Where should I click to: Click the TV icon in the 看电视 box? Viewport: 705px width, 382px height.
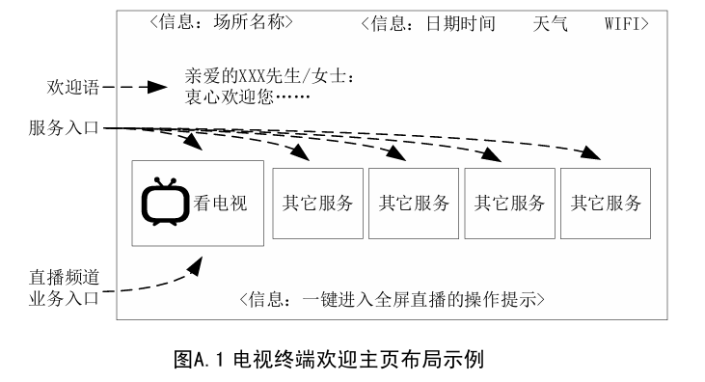click(166, 203)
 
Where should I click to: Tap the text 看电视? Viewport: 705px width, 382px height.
click(221, 204)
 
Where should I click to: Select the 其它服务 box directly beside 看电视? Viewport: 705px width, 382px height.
click(317, 204)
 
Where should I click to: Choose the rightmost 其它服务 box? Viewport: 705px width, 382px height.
click(605, 204)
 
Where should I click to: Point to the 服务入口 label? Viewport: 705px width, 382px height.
click(65, 127)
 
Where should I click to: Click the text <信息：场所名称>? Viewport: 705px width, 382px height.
click(221, 21)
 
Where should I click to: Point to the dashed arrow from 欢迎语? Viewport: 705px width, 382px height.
click(135, 87)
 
